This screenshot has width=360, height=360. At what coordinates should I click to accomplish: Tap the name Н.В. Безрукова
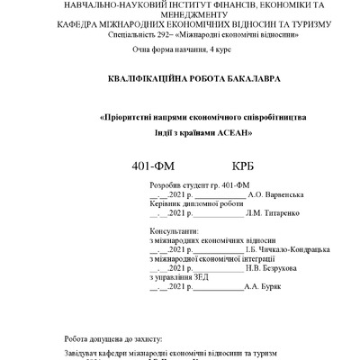tap(275, 268)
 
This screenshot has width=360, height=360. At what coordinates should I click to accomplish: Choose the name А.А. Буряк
tap(263, 288)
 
